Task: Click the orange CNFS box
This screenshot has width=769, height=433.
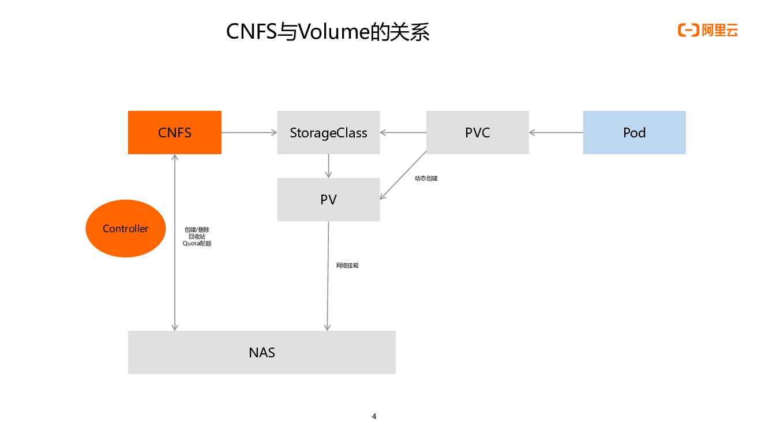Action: (174, 132)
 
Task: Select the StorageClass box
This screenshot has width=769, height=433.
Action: (328, 132)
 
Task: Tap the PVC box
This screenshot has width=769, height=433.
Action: (477, 132)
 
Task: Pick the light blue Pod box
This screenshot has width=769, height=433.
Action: (634, 132)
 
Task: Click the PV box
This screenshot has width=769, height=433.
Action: (328, 199)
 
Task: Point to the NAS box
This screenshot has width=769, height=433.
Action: (261, 352)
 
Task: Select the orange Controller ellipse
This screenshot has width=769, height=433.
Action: (125, 229)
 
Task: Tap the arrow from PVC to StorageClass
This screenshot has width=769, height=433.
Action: (403, 132)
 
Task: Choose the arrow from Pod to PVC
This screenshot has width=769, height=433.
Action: (556, 132)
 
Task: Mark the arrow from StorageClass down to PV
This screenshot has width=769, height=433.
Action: (328, 166)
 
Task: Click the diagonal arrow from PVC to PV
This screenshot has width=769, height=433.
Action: (403, 175)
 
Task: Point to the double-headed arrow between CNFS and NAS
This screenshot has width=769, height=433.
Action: (175, 242)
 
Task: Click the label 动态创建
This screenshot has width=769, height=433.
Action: (426, 178)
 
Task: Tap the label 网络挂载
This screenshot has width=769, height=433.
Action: (347, 266)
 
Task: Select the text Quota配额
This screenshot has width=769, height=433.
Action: (197, 244)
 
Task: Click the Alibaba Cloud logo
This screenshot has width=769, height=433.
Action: (708, 31)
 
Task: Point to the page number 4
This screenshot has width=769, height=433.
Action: (374, 416)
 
